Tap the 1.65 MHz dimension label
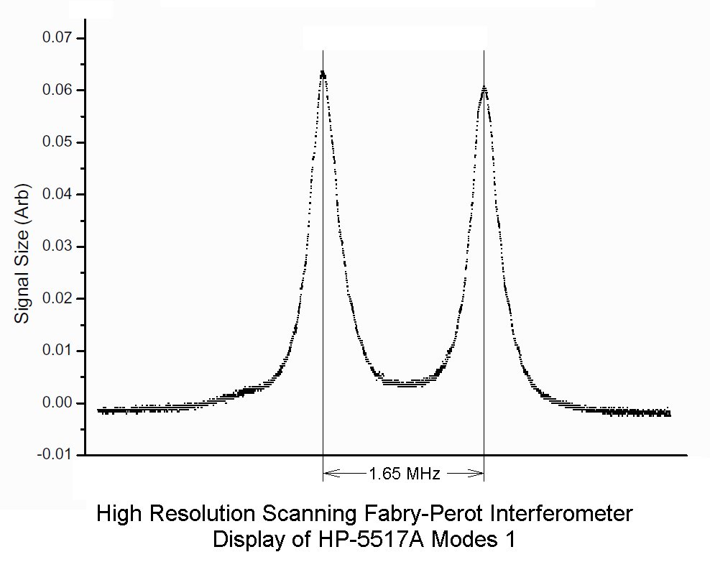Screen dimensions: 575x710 click(x=405, y=473)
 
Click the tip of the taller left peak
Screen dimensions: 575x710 click(x=323, y=72)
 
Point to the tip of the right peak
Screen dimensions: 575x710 click(x=484, y=88)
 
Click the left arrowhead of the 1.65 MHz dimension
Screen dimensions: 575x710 click(x=328, y=473)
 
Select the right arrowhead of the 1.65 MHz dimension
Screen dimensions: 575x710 click(x=479, y=473)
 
